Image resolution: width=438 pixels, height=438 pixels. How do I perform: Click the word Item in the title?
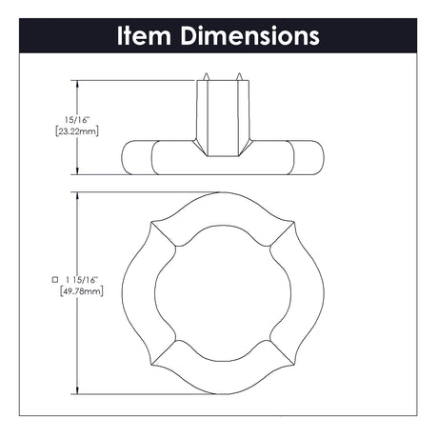coord(145,35)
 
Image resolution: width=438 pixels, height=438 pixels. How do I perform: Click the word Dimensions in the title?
coord(250,35)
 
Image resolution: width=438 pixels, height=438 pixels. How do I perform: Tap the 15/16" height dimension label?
coord(77,120)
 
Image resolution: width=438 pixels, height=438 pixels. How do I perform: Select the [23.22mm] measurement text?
coord(77,131)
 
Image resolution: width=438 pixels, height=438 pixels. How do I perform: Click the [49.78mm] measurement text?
coord(82,291)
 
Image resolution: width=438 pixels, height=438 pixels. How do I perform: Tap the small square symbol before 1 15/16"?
coord(55,280)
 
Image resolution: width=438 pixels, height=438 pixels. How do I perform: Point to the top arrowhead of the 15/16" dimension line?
coord(77,84)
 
